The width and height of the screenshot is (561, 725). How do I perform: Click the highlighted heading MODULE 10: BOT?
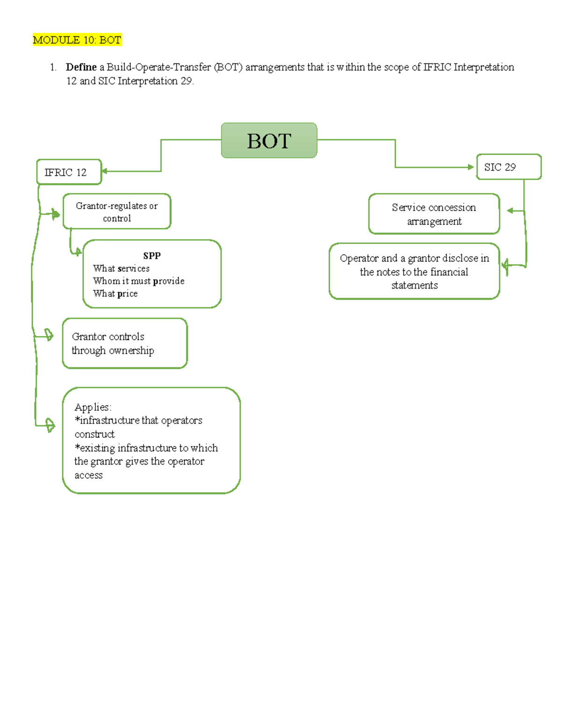(77, 40)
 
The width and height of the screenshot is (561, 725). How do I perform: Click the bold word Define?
(81, 67)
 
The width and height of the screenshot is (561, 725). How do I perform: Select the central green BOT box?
(269, 141)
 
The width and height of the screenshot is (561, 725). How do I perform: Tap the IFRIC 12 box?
(69, 172)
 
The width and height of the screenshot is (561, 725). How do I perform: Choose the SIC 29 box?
(509, 167)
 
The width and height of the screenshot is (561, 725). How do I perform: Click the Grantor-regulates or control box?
(117, 211)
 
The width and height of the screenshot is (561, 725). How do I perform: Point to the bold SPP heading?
(152, 256)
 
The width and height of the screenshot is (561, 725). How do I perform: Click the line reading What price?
(115, 294)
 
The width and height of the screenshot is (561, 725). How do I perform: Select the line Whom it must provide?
(139, 281)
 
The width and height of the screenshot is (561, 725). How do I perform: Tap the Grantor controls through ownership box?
(125, 344)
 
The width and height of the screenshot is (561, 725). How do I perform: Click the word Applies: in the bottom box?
(93, 407)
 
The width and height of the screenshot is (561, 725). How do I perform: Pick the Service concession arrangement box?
(434, 214)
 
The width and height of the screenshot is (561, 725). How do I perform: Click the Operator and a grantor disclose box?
(414, 271)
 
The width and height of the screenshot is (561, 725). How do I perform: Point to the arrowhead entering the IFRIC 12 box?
(104, 171)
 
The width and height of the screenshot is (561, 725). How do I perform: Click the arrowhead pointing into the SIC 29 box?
(471, 167)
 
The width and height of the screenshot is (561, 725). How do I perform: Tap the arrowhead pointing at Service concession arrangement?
(510, 211)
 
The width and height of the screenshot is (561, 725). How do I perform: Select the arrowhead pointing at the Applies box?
(50, 425)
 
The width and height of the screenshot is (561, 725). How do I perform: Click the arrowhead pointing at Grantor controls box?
(49, 335)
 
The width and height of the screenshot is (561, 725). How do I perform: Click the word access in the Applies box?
(88, 475)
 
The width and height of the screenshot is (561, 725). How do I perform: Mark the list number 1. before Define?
(53, 67)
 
